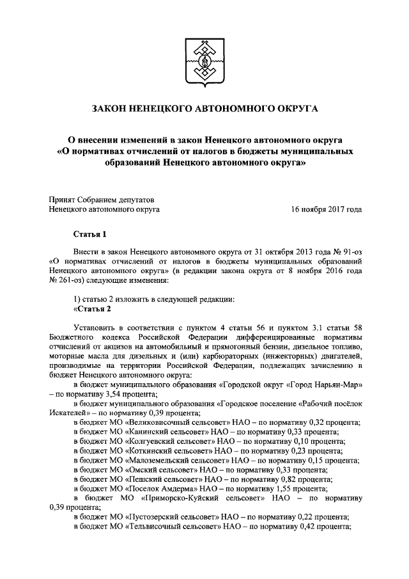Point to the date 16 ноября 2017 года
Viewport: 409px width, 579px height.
(x=326, y=209)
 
